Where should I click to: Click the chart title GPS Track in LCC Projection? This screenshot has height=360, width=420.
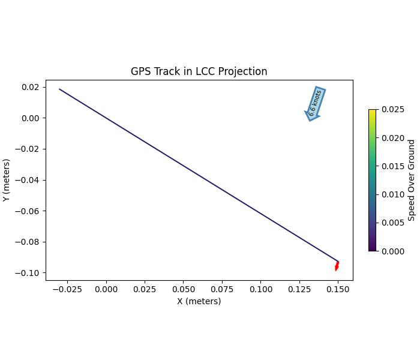[199, 71]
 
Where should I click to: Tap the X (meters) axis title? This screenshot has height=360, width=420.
[199, 301]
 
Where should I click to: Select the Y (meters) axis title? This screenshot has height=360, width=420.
[7, 180]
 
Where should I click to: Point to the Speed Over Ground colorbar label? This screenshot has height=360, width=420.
[412, 180]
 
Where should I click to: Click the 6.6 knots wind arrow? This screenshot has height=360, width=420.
[315, 103]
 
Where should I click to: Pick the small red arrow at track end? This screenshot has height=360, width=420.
[337, 266]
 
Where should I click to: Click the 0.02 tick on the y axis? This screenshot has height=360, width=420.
[31, 87]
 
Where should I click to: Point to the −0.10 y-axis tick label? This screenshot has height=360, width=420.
[28, 273]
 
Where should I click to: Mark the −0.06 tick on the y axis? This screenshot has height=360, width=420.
[28, 211]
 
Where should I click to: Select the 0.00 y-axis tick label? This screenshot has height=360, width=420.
[31, 118]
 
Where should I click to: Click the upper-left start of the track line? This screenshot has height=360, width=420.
[59, 89]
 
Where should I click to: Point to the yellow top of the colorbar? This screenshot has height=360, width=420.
[373, 111]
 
